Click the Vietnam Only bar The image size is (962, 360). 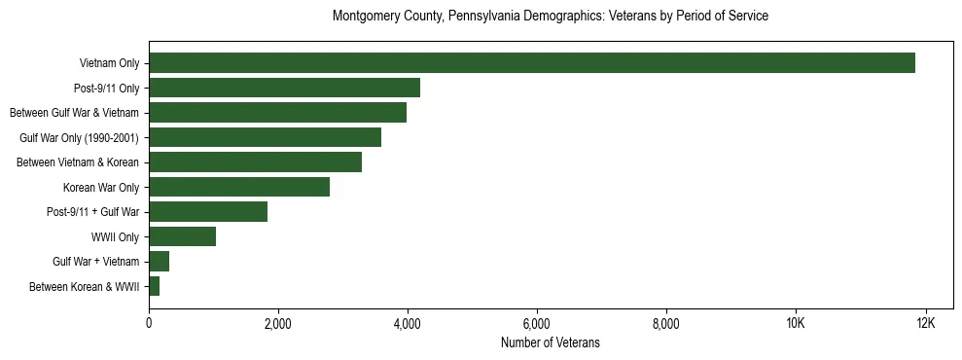tap(532, 63)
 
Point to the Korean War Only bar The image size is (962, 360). tap(239, 187)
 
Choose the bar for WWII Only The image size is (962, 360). tap(182, 236)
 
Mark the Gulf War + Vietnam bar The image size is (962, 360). tap(159, 261)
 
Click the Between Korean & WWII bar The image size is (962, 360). tap(154, 286)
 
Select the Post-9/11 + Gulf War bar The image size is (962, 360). tap(208, 211)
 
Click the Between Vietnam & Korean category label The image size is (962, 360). tap(78, 162)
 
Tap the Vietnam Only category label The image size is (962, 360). tap(109, 64)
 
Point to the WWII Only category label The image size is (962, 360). tap(115, 236)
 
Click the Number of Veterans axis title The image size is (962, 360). tap(551, 342)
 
